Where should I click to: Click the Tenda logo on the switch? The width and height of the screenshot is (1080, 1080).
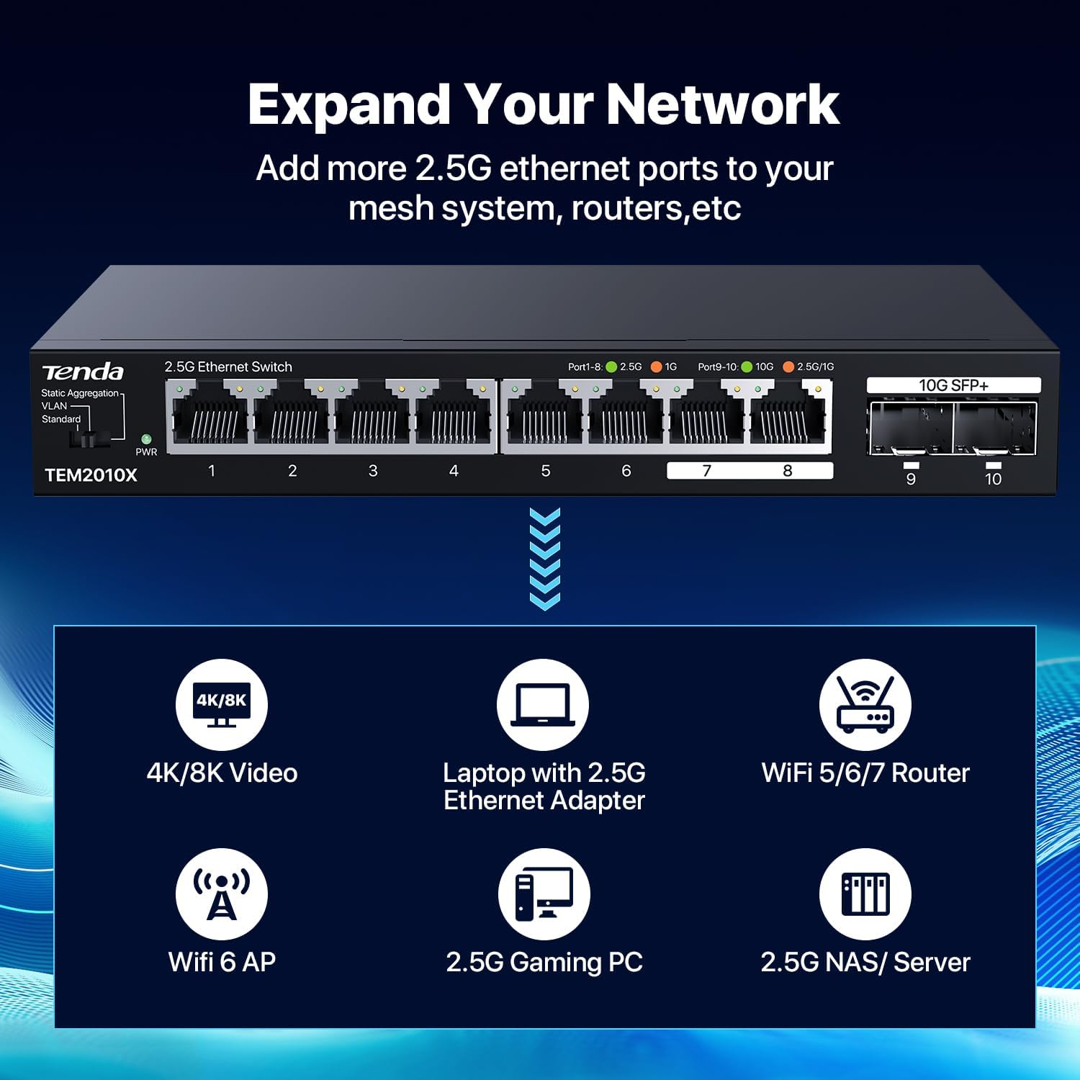coord(83,372)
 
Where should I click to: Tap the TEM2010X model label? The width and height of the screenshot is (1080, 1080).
coord(91,475)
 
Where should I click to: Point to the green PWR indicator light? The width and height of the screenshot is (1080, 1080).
coord(146,438)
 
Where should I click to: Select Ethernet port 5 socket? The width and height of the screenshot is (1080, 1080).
coord(543,417)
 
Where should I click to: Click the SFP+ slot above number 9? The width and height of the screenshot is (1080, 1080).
coord(911,428)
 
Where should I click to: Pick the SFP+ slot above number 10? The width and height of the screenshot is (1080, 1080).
coord(994,428)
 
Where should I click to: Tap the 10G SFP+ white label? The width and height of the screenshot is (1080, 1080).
coord(953,385)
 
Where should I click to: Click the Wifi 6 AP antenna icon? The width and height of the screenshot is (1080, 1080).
coord(222,894)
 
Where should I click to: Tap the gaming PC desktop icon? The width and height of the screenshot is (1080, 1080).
coord(544,894)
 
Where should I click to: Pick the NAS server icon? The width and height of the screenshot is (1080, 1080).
coord(865,894)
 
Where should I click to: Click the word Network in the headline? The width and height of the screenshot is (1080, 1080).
coord(723,104)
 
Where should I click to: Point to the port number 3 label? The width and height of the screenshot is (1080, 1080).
coord(373,471)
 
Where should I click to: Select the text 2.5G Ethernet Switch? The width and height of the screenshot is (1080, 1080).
coord(228,366)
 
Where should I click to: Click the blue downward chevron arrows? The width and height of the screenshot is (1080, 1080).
coord(544,559)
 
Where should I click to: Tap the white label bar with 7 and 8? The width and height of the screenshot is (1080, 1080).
coord(750,471)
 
